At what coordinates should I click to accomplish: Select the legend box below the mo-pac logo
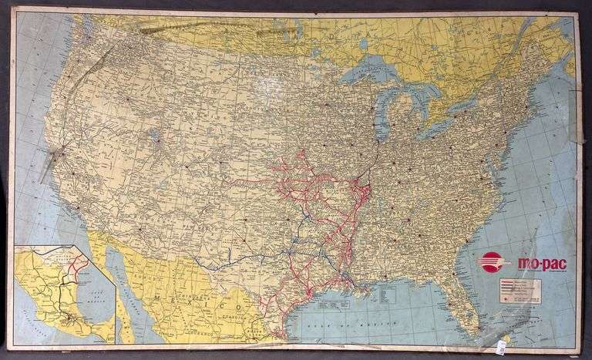coord(520,291)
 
